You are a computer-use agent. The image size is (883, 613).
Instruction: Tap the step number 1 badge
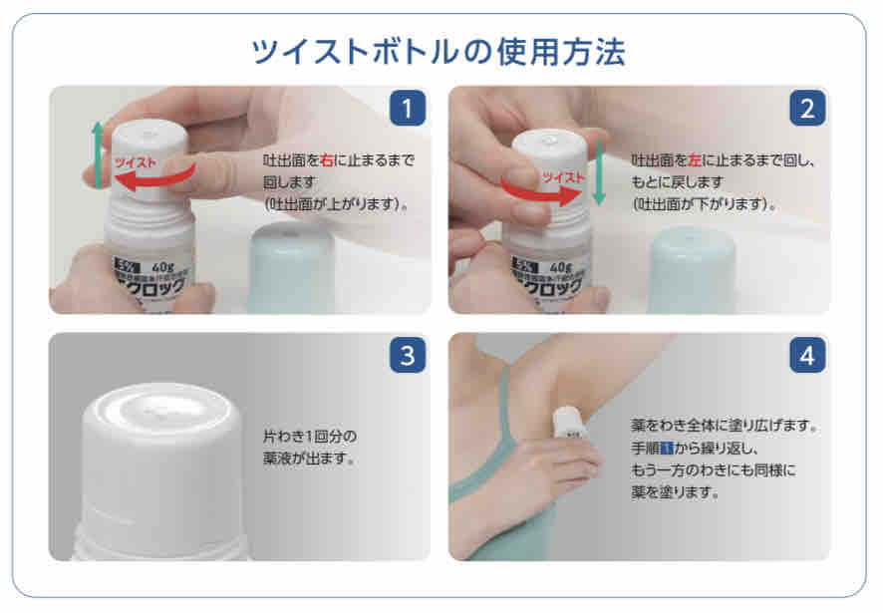(x=407, y=107)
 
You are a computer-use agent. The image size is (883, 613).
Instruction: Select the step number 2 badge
(x=807, y=107)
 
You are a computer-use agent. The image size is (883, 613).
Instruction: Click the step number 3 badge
(x=407, y=355)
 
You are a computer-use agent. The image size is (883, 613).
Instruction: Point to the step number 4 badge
(x=807, y=355)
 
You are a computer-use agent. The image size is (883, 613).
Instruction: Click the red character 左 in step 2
(x=697, y=158)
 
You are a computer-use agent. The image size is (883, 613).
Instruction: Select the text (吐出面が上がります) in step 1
(x=334, y=202)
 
